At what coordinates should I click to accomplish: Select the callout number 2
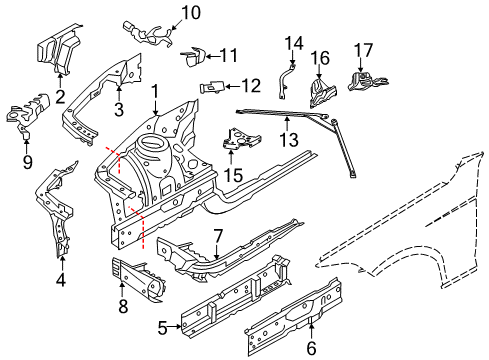click(60, 96)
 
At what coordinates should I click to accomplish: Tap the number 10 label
click(190, 13)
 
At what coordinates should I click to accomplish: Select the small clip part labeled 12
click(210, 87)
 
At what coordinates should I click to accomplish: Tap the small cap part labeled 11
click(192, 55)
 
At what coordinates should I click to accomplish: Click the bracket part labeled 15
click(236, 142)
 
